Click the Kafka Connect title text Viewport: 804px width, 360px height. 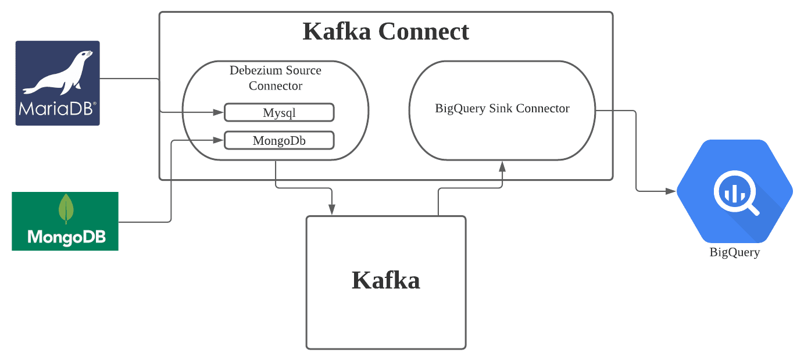click(385, 31)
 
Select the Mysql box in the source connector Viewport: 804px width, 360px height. click(279, 112)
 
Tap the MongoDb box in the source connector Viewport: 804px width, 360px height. click(279, 141)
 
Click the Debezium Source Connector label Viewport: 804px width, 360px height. click(275, 78)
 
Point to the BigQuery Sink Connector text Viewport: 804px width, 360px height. click(502, 108)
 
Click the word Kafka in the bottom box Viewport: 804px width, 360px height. click(385, 280)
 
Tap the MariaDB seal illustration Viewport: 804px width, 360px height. click(58, 73)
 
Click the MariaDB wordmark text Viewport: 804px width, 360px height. click(57, 109)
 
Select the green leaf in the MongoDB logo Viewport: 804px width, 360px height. click(66, 208)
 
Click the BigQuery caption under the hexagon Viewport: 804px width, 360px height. click(734, 252)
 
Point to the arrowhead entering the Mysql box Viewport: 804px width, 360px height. click(220, 112)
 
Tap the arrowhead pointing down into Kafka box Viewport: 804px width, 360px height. click(332, 210)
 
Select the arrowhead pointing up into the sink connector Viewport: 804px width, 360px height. click(502, 166)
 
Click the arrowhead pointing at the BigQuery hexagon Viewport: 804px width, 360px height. click(671, 191)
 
